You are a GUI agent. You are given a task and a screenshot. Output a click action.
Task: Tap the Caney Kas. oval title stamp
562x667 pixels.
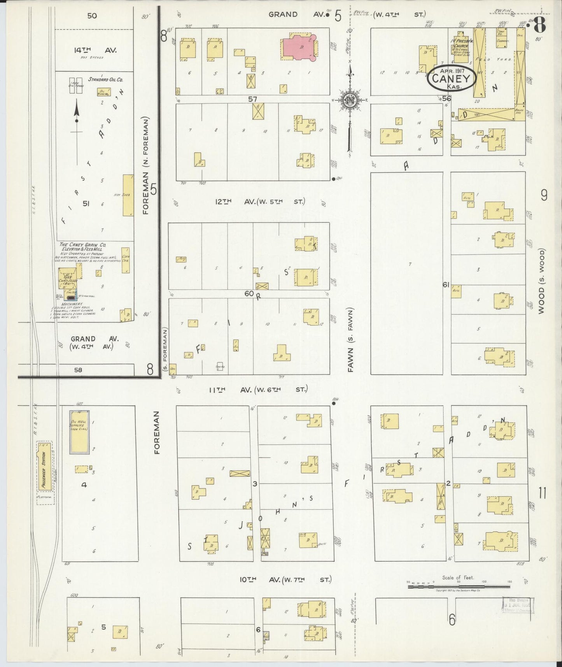[x=451, y=79]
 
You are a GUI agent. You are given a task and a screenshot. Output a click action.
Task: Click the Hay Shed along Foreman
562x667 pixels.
[x=128, y=195]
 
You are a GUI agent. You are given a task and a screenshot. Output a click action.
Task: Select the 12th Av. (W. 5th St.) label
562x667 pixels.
[x=260, y=202]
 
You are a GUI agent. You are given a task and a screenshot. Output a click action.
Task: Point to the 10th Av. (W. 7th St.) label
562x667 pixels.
[x=285, y=580]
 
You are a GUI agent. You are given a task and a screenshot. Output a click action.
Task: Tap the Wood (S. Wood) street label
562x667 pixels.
[x=541, y=281]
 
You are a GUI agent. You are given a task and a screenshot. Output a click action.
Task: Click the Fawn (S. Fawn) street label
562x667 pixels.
[x=350, y=340]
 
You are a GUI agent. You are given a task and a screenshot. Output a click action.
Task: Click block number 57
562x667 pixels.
[x=253, y=99]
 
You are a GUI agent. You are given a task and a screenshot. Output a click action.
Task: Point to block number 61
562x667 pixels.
[x=446, y=285]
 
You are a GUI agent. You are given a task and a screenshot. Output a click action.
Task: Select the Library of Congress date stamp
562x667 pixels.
[x=518, y=606]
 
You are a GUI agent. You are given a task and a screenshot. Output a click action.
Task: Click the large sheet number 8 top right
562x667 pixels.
[x=540, y=26]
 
